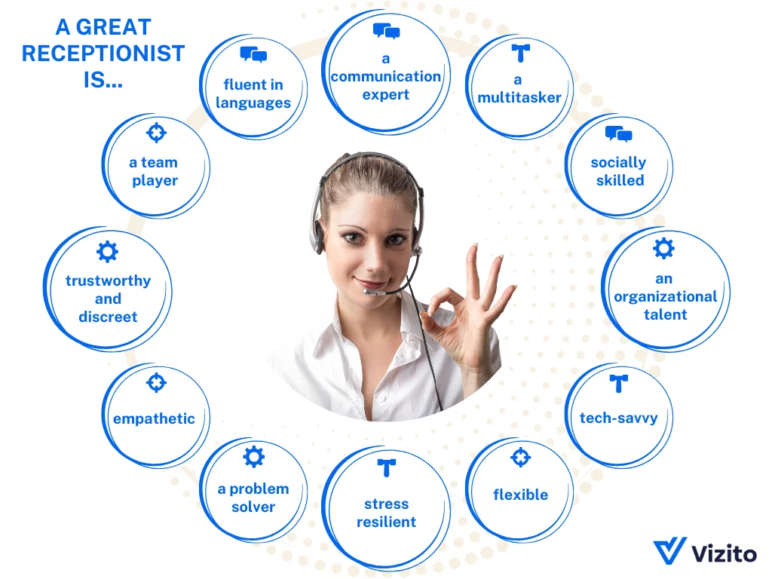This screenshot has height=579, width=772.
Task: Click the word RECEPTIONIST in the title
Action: (x=103, y=54)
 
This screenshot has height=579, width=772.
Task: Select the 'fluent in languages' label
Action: (x=253, y=94)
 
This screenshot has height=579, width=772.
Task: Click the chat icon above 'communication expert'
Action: (x=386, y=32)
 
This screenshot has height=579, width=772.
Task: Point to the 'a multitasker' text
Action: (x=519, y=89)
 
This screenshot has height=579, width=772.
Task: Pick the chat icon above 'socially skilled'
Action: (x=619, y=135)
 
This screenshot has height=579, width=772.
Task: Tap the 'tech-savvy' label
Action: (x=618, y=418)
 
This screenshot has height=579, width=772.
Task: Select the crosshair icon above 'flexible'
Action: (x=520, y=457)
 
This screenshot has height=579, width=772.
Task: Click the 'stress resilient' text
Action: (x=386, y=513)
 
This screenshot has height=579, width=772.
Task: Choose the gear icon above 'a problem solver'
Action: (x=254, y=456)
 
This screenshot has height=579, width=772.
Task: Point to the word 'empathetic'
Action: (x=154, y=418)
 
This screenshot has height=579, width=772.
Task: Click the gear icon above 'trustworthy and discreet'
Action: (x=108, y=251)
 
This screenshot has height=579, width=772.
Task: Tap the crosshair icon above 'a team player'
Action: (x=155, y=133)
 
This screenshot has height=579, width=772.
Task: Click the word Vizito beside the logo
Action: (x=724, y=553)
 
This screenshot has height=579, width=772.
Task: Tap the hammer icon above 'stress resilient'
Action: (x=386, y=468)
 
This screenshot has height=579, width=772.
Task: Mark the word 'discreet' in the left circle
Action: (x=108, y=317)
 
